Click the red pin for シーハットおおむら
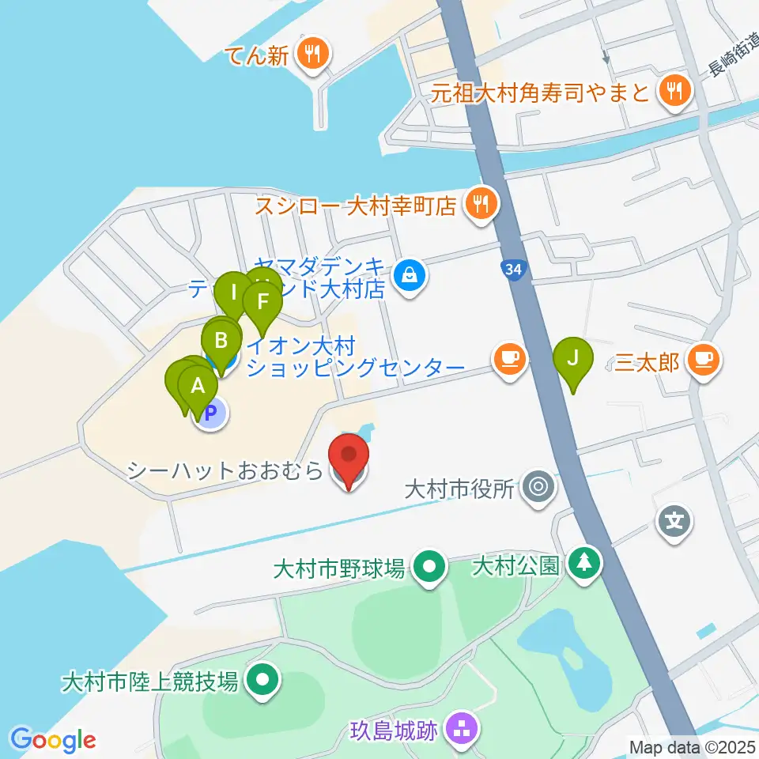(x=349, y=456)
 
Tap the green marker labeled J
(x=575, y=359)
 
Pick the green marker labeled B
(x=222, y=342)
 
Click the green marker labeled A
(x=198, y=388)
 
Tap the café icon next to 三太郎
(x=702, y=361)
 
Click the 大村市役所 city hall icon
(x=539, y=486)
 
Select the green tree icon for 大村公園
(x=584, y=564)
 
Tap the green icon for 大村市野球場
(x=429, y=567)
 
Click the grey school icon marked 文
(x=674, y=523)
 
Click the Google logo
(x=53, y=740)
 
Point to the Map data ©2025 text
(x=691, y=746)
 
